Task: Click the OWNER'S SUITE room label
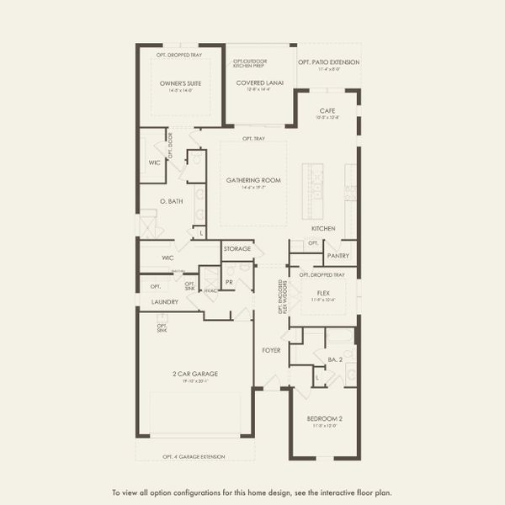coord(179,83)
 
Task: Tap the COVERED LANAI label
coord(259,83)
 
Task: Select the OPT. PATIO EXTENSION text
coord(328,62)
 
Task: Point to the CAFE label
coord(327,111)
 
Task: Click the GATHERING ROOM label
coord(252,180)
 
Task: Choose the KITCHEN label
coord(323,228)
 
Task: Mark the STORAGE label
coord(237,249)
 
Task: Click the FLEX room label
coord(323,293)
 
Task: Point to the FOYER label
coord(271,349)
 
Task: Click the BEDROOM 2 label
coord(323,418)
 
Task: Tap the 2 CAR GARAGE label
coord(194,373)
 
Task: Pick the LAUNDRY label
coord(164,301)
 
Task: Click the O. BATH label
coord(172,200)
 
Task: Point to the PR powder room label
coord(228,282)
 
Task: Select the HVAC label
coord(210,291)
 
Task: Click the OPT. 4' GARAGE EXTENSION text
coord(194,456)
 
